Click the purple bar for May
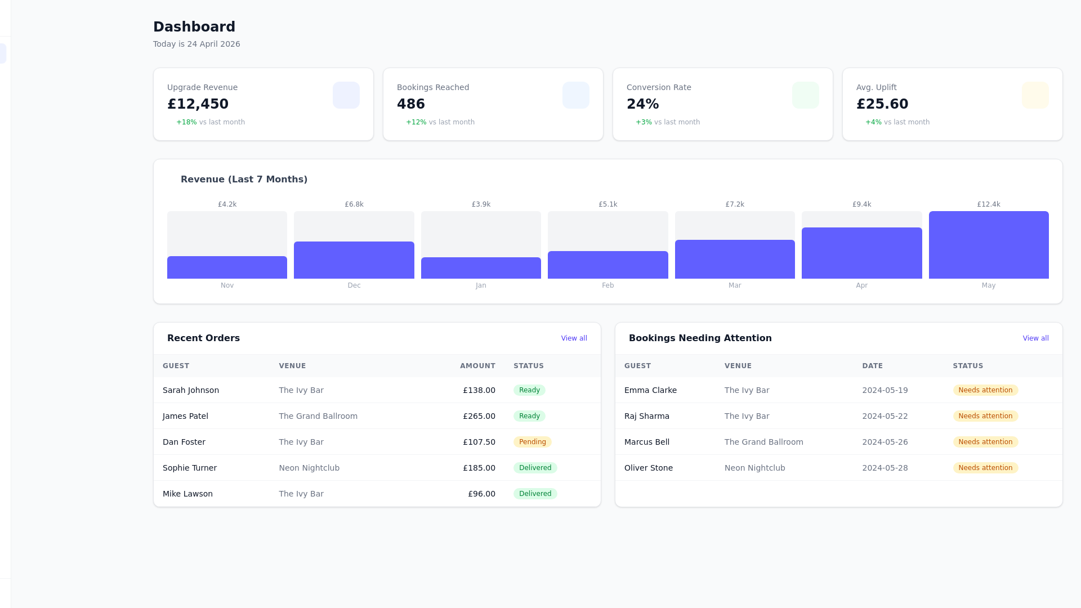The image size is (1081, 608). [989, 245]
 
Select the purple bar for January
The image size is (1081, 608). [481, 268]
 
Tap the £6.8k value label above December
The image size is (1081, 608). [354, 204]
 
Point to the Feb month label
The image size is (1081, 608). [607, 285]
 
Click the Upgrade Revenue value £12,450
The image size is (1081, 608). [198, 104]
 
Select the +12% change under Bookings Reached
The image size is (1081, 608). [416, 122]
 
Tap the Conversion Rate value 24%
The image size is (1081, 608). [642, 104]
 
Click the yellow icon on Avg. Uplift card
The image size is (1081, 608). [1035, 95]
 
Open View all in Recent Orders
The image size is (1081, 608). [574, 338]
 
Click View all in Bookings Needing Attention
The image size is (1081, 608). [1035, 338]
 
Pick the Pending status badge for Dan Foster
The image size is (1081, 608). [532, 442]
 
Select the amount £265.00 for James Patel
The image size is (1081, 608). [479, 416]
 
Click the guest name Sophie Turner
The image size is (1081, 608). [190, 468]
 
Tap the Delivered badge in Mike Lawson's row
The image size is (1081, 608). [535, 494]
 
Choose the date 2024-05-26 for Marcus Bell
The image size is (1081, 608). [885, 442]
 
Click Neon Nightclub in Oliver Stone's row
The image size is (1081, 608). [754, 468]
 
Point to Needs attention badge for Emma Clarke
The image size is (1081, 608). [985, 390]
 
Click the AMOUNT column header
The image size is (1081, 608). [477, 366]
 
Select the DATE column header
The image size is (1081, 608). [872, 366]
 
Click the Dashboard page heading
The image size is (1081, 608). [194, 27]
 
